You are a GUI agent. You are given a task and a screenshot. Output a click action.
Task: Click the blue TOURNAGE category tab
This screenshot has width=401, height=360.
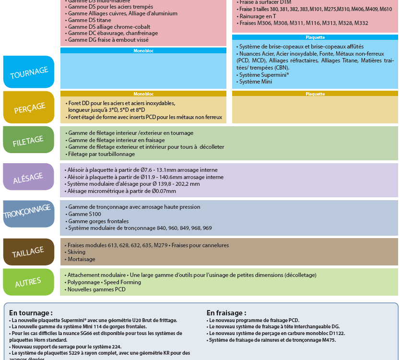point(29,72)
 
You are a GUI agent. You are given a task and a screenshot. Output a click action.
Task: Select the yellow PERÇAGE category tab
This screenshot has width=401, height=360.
point(29,107)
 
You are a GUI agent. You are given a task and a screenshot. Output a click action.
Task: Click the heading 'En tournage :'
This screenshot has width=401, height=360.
point(31,313)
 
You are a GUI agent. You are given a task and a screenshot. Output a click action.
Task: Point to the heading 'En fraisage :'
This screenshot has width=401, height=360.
point(226,313)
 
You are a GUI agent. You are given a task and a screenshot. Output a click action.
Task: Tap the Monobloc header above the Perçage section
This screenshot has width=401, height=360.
point(143,94)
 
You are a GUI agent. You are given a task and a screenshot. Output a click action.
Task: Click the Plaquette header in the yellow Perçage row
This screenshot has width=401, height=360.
point(315,94)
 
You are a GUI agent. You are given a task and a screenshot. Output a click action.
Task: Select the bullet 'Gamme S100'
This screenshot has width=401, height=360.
point(85,214)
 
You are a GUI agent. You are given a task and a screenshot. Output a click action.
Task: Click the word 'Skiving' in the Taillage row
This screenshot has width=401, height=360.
point(76,252)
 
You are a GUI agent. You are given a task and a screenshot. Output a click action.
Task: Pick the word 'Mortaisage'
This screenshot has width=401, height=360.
point(81,259)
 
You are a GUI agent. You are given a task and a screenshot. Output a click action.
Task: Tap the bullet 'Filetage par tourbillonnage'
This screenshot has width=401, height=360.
point(101,154)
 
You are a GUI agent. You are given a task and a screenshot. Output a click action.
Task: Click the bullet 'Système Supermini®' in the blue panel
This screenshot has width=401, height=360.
point(261,75)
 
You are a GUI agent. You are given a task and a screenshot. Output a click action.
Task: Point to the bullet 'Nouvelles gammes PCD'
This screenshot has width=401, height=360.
point(96,289)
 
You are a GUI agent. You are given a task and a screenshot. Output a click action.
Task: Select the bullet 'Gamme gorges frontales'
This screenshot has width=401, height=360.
point(98,221)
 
